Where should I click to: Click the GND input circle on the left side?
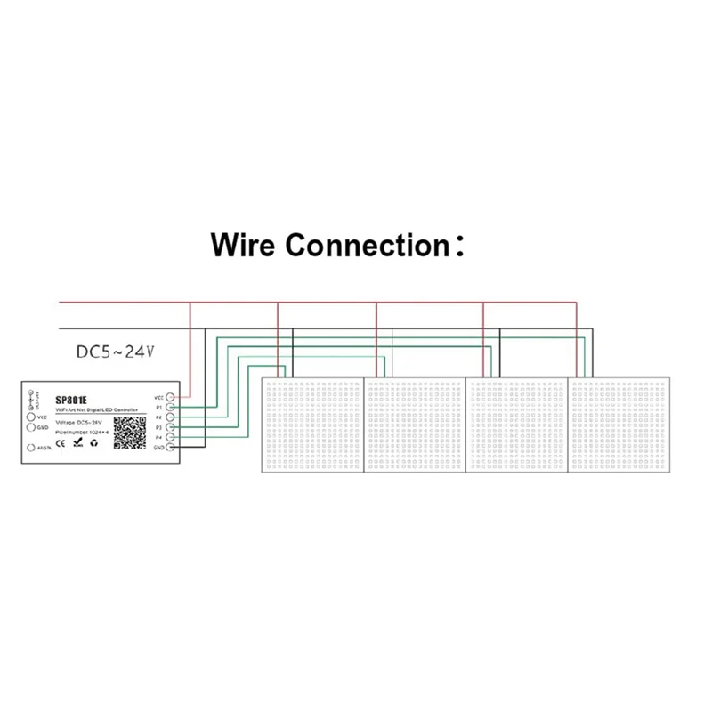point(31,427)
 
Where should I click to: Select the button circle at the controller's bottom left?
point(32,449)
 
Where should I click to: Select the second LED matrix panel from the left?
point(416,425)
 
